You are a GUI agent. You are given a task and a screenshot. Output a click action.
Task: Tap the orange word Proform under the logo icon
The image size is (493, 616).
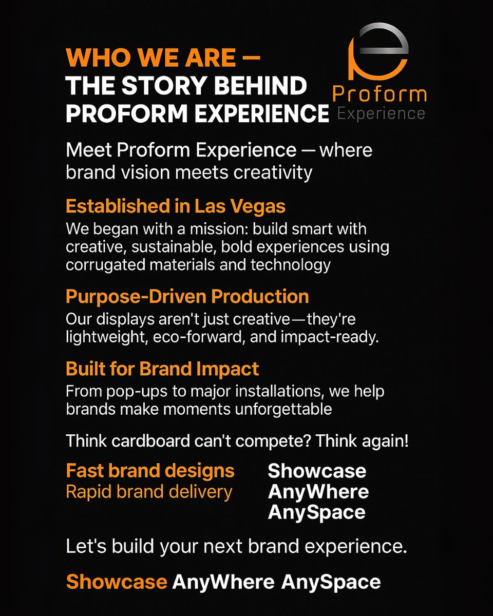click(x=380, y=94)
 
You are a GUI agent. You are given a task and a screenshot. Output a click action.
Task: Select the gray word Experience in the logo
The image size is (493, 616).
click(x=381, y=113)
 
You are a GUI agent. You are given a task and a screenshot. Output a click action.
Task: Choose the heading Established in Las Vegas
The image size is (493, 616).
click(x=176, y=206)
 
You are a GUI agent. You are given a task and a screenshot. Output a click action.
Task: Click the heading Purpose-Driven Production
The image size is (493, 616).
click(x=187, y=296)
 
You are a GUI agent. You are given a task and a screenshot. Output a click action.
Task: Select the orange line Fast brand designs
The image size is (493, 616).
click(x=150, y=471)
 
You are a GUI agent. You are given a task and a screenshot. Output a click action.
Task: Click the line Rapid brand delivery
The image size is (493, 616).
click(x=149, y=491)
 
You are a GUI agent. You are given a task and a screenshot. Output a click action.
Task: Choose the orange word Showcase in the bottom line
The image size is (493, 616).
click(x=117, y=582)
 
